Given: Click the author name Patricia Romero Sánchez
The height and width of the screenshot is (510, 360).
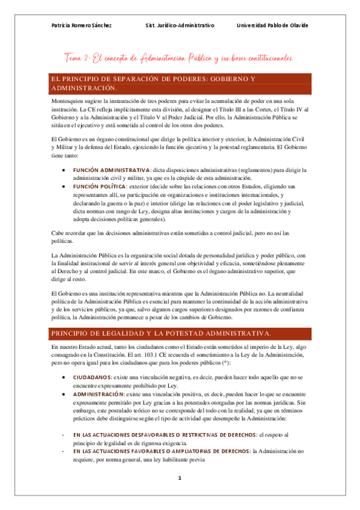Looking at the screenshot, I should [x=82, y=25].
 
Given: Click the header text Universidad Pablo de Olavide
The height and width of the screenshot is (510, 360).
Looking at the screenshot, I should [x=273, y=25].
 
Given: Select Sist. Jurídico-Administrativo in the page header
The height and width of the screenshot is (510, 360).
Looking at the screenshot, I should [x=180, y=25].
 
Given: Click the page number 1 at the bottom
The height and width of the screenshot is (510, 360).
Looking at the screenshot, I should [x=179, y=478].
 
